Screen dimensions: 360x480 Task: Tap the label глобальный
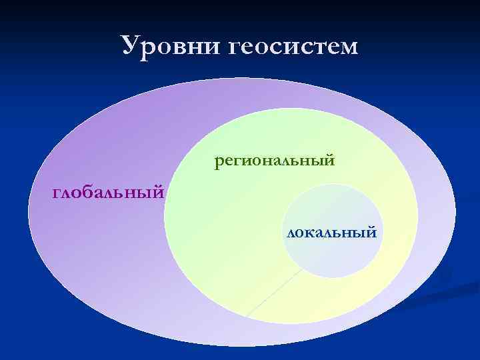109,193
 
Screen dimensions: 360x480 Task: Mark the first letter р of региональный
219,162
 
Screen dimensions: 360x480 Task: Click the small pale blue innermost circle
333,257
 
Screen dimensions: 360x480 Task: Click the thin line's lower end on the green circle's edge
247,315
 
